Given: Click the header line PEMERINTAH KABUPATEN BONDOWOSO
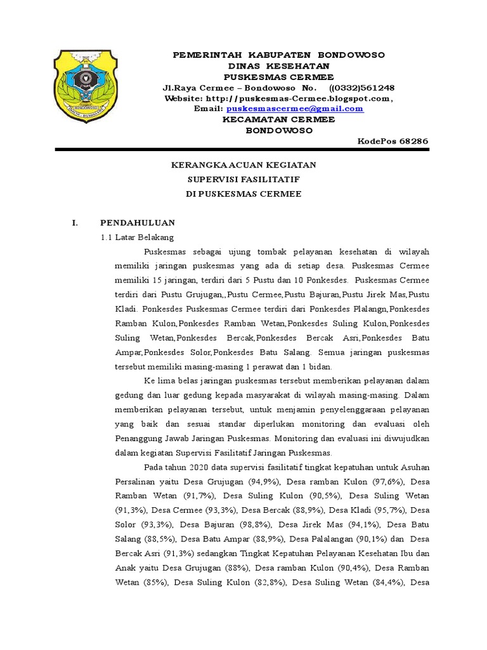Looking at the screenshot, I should point(279,55).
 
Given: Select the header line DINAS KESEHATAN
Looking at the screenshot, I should point(279,66).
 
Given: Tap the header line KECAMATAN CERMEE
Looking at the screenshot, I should point(279,119).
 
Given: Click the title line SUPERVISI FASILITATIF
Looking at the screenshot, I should point(243,180).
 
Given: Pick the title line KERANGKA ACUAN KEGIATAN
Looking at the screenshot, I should point(243,165).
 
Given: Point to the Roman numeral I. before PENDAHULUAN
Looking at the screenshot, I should point(74,223).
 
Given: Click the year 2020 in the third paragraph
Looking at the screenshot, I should point(202,467).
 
